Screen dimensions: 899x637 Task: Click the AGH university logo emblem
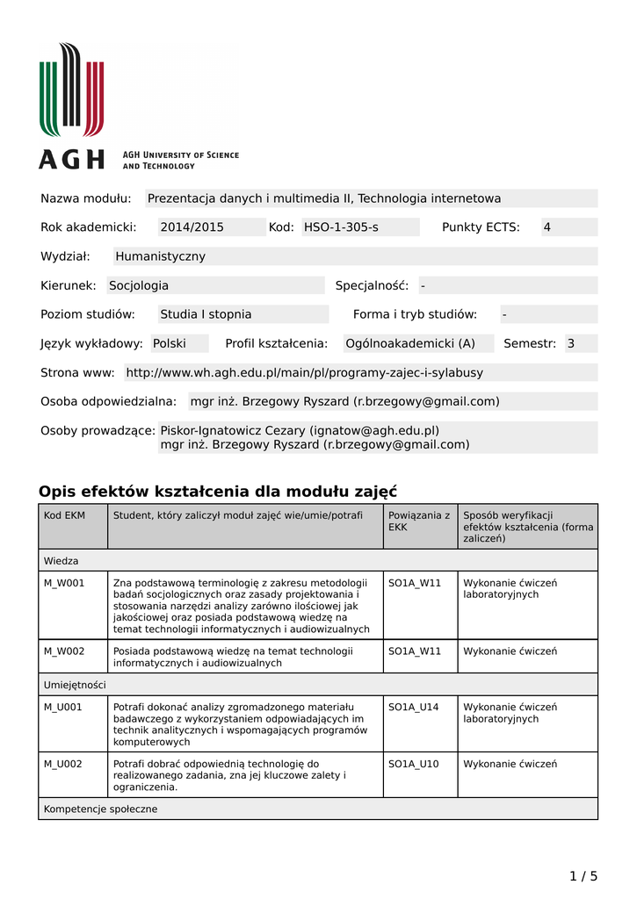(x=71, y=90)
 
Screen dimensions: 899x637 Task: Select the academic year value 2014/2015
(x=192, y=227)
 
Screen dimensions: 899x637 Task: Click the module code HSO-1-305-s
(x=341, y=227)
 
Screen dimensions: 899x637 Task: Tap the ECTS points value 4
(x=547, y=227)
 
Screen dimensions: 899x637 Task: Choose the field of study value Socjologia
(x=139, y=285)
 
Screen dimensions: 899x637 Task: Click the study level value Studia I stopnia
(x=206, y=314)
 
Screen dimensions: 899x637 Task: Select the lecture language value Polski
(x=170, y=343)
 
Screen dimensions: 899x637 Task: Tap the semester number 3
(x=571, y=343)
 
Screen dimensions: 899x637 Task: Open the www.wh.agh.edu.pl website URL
(x=304, y=372)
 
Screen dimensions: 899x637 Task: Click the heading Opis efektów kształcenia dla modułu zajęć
(x=218, y=491)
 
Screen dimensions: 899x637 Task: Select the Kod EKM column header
(x=65, y=515)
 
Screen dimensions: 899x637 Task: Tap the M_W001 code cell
(x=65, y=582)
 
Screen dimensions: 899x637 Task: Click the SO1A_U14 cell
(x=414, y=707)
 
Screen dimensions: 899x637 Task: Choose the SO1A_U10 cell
(x=414, y=764)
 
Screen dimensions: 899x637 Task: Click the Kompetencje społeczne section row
(x=101, y=809)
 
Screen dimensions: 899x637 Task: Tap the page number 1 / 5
(x=583, y=875)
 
